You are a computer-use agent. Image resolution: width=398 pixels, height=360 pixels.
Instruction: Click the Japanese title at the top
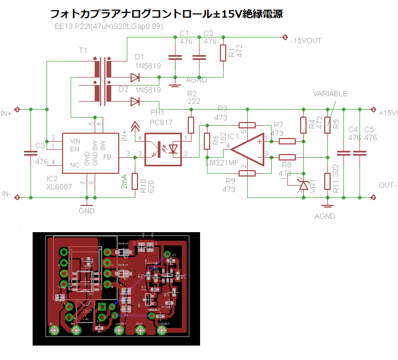pos(166,14)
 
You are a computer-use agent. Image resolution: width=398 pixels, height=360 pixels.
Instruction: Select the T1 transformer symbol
pos(103,81)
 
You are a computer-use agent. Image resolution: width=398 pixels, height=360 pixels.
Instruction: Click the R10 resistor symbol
pos(135,182)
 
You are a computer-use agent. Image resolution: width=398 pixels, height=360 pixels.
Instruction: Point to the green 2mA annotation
pos(124,182)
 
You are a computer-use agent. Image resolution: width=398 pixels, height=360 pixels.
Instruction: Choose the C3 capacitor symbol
pos(30,154)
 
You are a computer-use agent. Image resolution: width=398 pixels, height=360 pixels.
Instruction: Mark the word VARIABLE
pos(330,94)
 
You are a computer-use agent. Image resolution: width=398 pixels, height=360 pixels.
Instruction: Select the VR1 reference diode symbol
pos(304,185)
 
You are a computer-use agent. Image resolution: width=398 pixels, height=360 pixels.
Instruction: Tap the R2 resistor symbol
pos(191,125)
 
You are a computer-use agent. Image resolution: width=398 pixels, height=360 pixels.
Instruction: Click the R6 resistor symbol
pos(208,141)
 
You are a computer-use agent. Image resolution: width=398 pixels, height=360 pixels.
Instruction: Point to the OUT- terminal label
pos(387,185)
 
